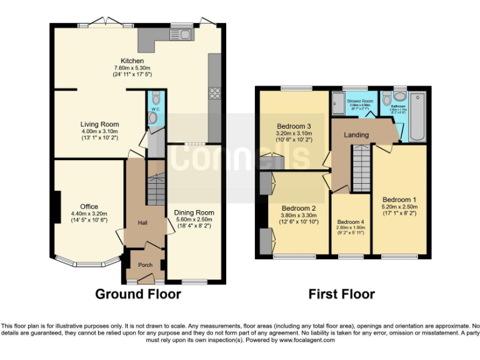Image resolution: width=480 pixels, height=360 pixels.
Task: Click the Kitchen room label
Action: tap(132, 61)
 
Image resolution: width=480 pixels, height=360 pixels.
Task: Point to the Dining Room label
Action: tap(194, 213)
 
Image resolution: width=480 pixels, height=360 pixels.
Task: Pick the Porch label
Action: tap(145, 265)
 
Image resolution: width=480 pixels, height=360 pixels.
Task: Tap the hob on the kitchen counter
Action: tap(214, 94)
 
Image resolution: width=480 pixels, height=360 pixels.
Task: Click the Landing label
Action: tap(357, 135)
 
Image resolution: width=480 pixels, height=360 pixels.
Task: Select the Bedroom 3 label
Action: tap(294, 126)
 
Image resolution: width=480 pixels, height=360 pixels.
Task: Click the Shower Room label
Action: tap(360, 101)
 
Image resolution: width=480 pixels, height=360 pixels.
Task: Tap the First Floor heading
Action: tap(342, 294)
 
